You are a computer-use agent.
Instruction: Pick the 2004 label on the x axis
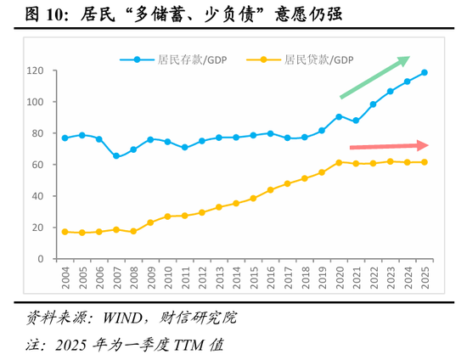click(x=65, y=278)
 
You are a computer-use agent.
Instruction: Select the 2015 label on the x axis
click(x=253, y=278)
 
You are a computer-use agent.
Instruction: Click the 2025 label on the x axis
click(x=424, y=278)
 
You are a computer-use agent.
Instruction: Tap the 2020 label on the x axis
click(x=339, y=278)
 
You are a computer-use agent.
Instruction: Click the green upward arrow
click(x=374, y=76)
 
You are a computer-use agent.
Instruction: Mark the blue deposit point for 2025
click(x=424, y=72)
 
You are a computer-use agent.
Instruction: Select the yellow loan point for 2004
click(x=65, y=232)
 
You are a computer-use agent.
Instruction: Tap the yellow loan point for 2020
click(x=339, y=162)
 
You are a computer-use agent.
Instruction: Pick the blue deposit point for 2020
click(x=339, y=116)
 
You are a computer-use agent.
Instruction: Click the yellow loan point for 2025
click(x=424, y=162)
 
